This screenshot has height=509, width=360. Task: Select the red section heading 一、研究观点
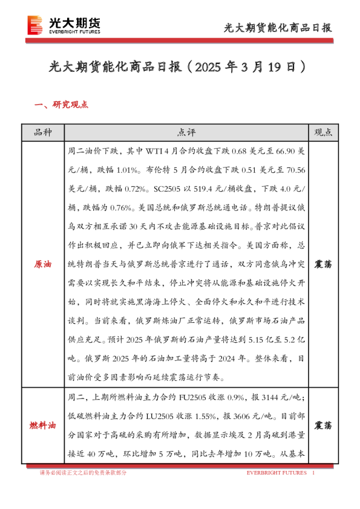pyautogui.click(x=62, y=105)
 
